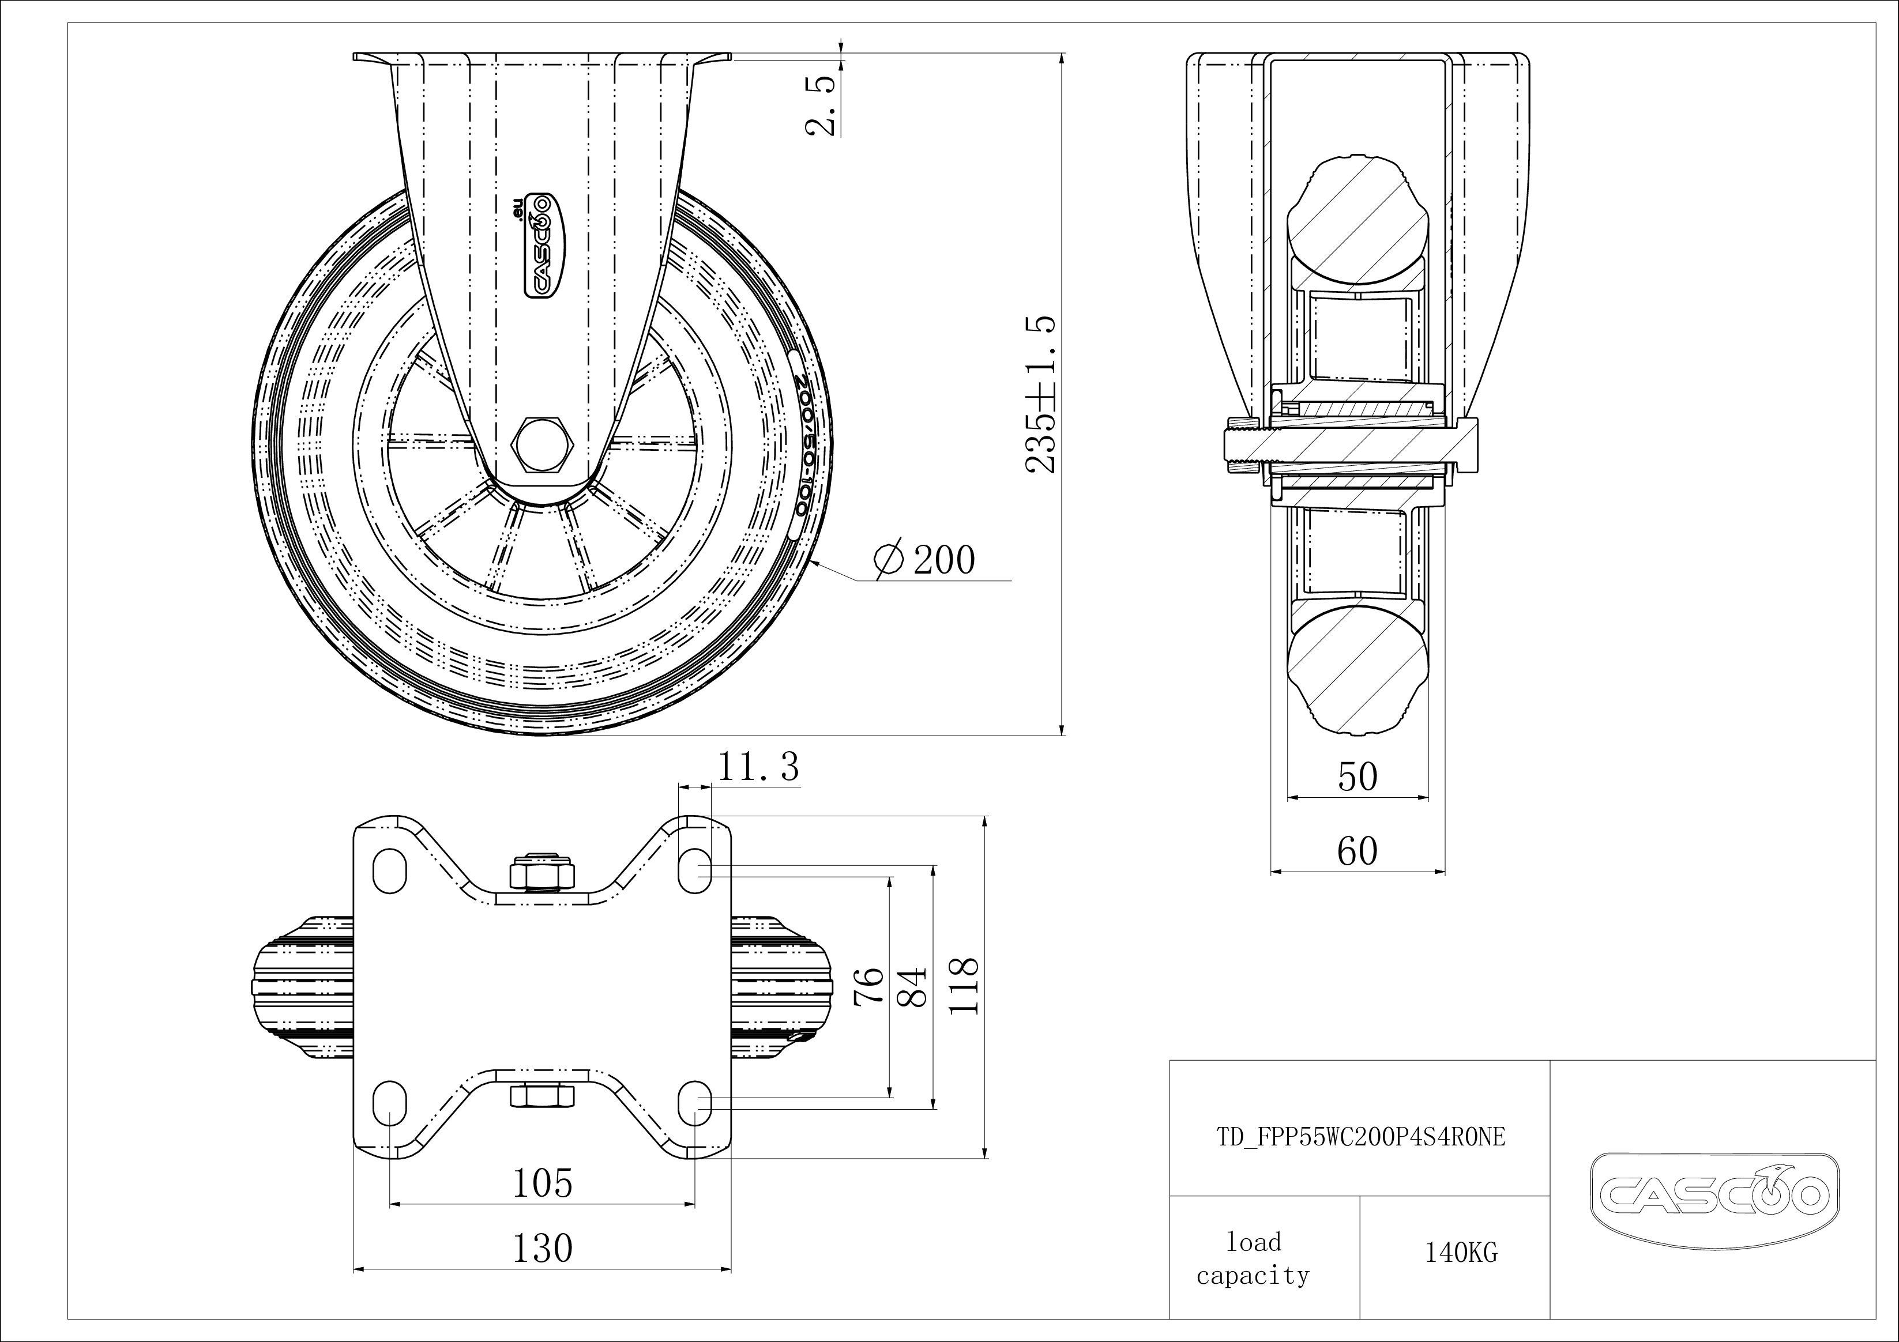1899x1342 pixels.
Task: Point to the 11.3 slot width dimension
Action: (x=758, y=767)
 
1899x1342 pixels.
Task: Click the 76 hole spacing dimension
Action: (x=869, y=986)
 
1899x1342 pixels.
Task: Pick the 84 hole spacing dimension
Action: (x=912, y=986)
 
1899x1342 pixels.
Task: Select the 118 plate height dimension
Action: (x=964, y=986)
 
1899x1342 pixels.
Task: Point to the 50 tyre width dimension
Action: (x=1357, y=776)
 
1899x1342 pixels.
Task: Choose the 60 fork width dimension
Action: (x=1357, y=851)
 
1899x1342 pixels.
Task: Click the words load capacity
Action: (x=1253, y=1258)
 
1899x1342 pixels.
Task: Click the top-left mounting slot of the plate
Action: (x=390, y=869)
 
